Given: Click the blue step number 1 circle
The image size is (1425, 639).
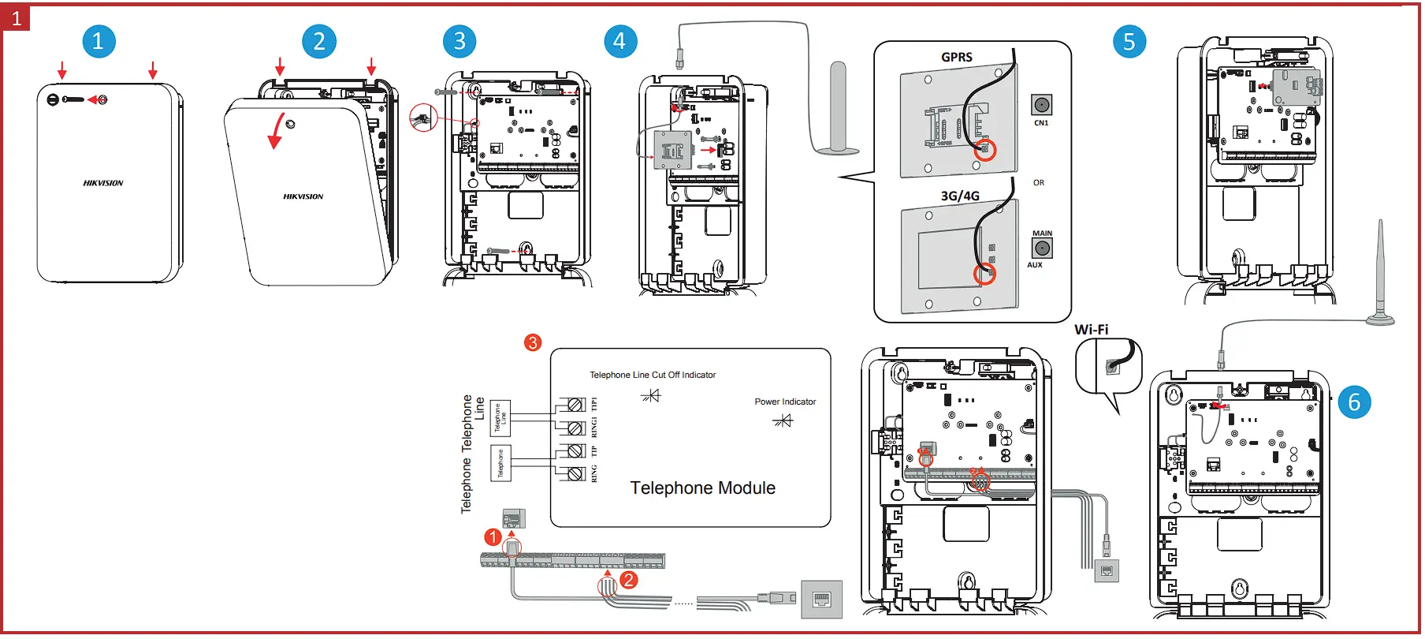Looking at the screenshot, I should (99, 42).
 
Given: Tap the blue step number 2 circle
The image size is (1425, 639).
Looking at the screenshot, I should (319, 42).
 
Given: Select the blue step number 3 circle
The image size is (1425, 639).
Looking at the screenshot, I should (459, 42).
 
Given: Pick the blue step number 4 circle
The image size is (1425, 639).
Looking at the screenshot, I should (619, 42).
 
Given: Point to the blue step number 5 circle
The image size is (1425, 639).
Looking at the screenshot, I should (1129, 42).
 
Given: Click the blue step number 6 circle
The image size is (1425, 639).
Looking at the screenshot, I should (1354, 402).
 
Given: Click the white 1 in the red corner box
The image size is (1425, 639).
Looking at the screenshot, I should (16, 17).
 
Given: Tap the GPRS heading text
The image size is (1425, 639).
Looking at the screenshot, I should (957, 57).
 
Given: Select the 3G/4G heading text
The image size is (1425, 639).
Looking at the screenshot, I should (960, 196).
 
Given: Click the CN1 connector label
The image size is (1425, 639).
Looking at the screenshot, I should (1041, 123).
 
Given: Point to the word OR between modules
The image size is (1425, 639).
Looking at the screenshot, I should (1039, 182).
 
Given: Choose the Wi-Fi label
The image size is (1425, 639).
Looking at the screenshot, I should (1091, 330).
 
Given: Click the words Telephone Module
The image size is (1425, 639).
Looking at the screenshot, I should (702, 488).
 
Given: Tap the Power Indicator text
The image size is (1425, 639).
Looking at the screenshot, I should (785, 402).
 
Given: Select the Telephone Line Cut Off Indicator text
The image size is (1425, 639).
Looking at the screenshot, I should (653, 375).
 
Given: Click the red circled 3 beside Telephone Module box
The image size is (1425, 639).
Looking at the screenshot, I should (533, 342).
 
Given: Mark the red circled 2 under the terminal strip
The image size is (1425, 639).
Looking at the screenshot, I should (628, 580).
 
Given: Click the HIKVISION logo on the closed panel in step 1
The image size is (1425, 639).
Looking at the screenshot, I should (103, 183).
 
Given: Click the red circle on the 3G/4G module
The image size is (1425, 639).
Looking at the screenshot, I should (984, 274).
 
